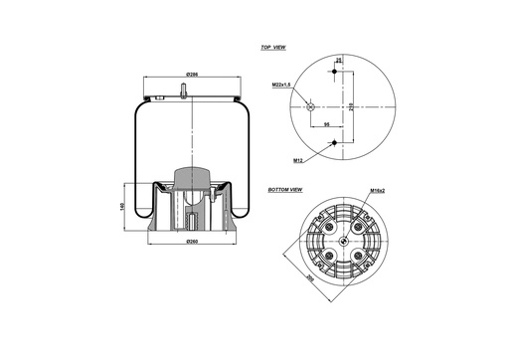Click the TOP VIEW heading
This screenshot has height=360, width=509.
pos(274,48)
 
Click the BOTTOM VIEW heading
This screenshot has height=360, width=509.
pos(285,188)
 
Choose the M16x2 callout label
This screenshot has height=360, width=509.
pos(377,190)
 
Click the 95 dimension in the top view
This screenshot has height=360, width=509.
pos(328,125)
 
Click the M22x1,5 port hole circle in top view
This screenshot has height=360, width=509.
pos(311,106)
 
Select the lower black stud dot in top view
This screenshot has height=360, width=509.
pos(334,142)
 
